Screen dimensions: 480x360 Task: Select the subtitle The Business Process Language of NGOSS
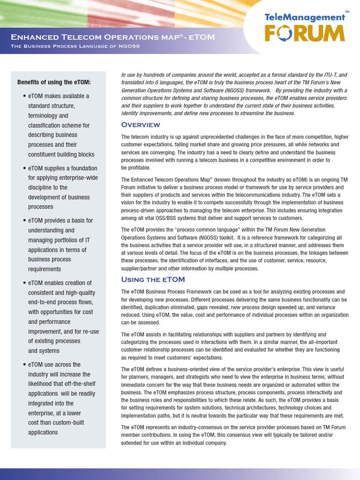tap(75, 46)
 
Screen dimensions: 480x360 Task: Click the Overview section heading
tap(141, 125)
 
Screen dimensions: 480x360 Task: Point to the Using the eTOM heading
tap(153, 279)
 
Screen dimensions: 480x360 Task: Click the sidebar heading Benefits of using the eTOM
tap(54, 82)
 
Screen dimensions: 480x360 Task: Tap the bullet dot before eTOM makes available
tap(24, 96)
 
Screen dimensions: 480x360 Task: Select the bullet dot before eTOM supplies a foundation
tap(24, 168)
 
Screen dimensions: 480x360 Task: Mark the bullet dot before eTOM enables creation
tap(24, 283)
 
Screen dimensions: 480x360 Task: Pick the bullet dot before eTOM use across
tap(24, 365)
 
